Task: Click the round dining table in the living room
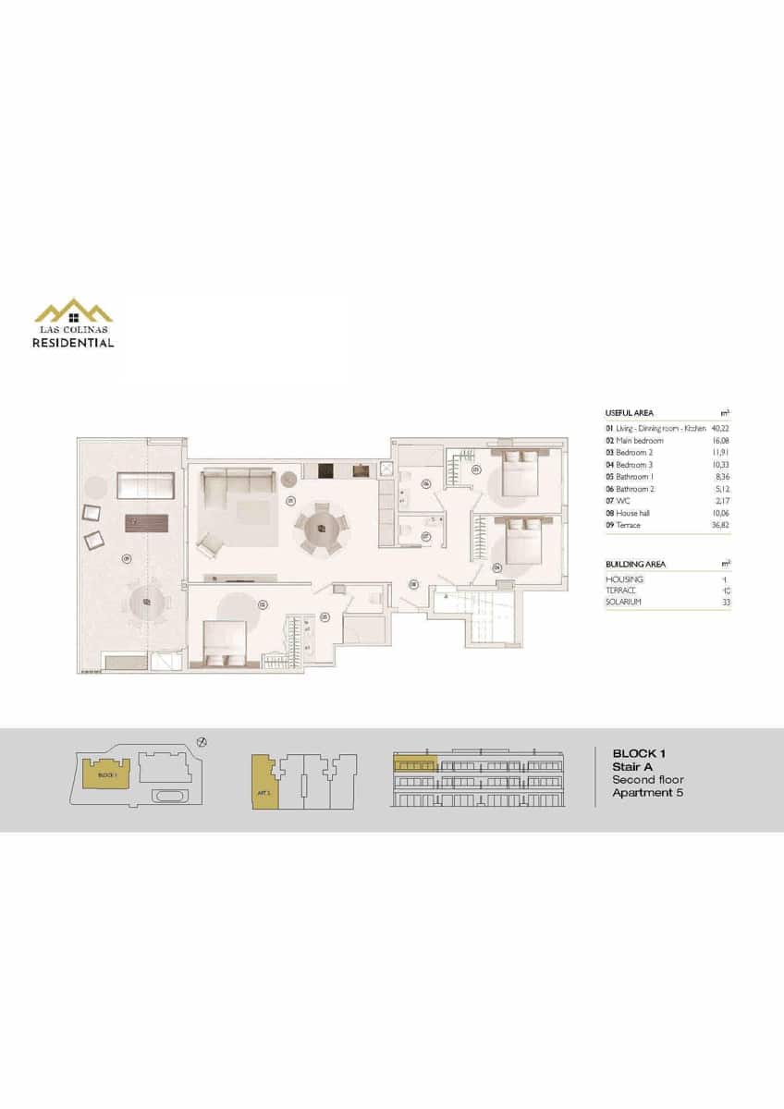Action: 321,527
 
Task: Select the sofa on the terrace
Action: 146,485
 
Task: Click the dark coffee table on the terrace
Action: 146,521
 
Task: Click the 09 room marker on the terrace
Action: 128,557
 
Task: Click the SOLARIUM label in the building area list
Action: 623,602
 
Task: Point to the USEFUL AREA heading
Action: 628,412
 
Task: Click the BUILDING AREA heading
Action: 635,564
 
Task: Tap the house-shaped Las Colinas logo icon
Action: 73,311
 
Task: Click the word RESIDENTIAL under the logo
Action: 73,343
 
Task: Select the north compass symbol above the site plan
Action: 202,741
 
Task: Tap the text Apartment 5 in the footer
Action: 647,793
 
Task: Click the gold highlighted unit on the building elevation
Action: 414,763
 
